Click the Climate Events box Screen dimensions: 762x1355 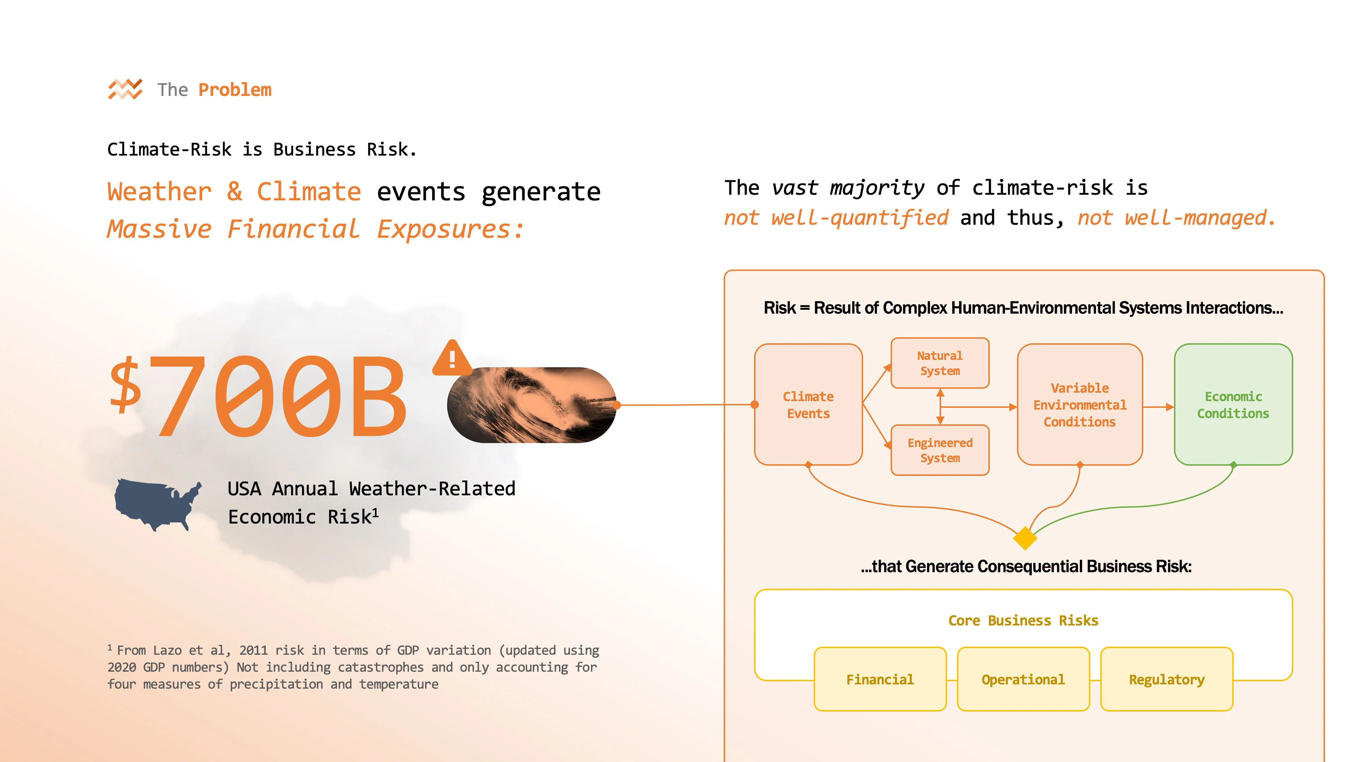pos(808,404)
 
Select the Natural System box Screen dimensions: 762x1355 pos(939,363)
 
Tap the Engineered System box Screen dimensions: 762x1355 pos(939,450)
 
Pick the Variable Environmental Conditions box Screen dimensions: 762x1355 pos(1079,404)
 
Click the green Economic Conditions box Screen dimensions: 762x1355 pos(1233,404)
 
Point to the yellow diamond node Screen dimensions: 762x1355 pos(1025,538)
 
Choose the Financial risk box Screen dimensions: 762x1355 pos(879,679)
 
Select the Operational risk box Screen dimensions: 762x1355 pos(1023,679)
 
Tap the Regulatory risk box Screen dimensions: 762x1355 pos(1166,679)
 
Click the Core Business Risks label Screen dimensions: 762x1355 pos(1023,621)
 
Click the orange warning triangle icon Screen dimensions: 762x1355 pos(451,359)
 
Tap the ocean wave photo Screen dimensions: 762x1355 pos(531,405)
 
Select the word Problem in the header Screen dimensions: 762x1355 pos(235,90)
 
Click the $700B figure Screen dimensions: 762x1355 pos(258,395)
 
